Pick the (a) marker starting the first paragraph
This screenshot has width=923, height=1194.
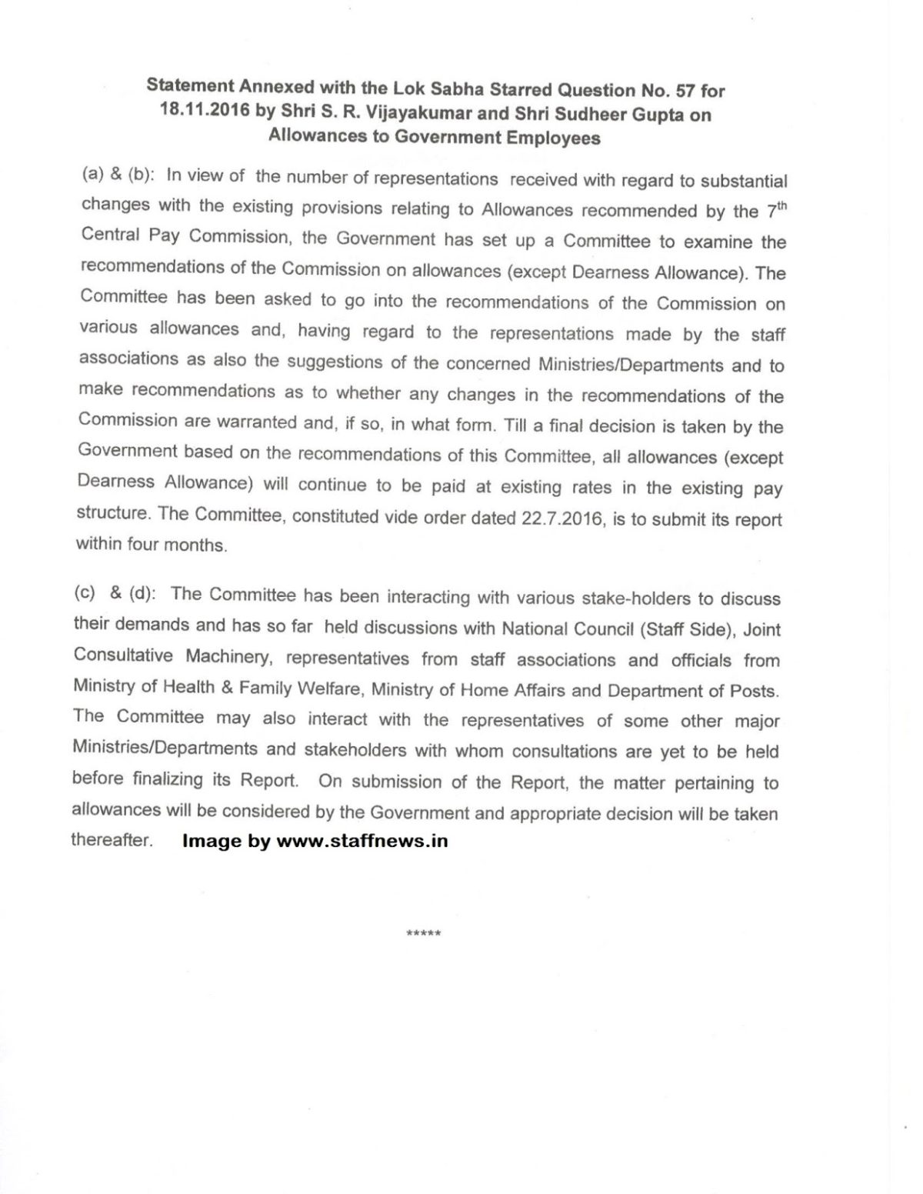tap(93, 175)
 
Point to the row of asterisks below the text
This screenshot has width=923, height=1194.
tap(423, 933)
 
